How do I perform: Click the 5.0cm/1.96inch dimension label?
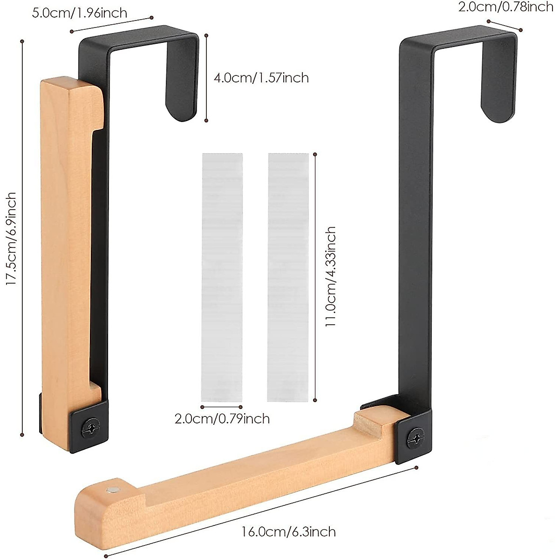click(x=80, y=13)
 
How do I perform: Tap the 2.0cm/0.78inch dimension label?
click(x=506, y=7)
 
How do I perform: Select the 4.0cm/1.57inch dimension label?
click(x=261, y=78)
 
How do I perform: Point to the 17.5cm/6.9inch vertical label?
click(x=11, y=238)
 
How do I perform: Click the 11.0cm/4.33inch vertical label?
click(x=330, y=276)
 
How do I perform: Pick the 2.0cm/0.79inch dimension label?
click(x=222, y=419)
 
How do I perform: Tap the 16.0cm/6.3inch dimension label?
click(x=289, y=532)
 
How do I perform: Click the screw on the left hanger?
click(x=91, y=428)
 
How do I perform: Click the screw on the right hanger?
click(x=416, y=437)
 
